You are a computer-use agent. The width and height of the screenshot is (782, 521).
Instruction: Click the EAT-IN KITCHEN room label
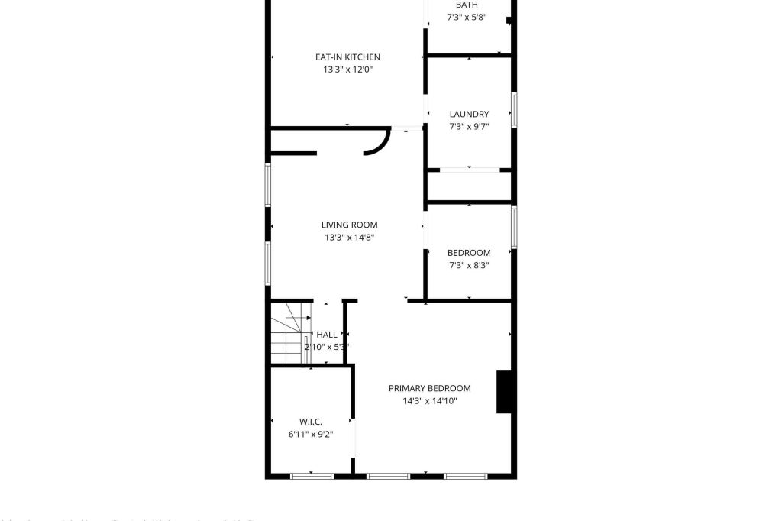347,57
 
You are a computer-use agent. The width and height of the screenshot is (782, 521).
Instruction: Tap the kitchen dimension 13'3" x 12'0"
347,70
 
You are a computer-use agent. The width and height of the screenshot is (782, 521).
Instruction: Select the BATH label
467,5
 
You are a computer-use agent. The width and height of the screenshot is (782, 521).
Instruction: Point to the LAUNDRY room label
469,115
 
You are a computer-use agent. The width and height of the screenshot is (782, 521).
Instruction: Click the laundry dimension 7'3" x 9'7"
469,127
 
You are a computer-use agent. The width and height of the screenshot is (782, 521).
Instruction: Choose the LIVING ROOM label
349,225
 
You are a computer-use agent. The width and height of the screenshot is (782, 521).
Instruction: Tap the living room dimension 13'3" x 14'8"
349,238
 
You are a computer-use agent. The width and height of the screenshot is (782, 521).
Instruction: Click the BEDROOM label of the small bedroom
469,253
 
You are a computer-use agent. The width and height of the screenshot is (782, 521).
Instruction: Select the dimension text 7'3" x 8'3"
469,266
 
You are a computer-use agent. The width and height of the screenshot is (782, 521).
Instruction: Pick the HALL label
327,335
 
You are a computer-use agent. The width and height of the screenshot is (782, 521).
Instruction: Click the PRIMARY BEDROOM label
429,388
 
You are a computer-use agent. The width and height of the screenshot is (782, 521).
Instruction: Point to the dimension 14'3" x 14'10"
429,401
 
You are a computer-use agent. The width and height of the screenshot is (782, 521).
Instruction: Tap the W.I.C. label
310,422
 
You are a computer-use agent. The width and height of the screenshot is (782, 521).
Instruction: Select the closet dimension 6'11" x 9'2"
310,435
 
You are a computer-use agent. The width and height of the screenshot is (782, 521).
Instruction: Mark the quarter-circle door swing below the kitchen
377,142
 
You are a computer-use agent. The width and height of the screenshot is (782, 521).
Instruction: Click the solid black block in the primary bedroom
504,391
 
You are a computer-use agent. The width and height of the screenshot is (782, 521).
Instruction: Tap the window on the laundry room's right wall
514,110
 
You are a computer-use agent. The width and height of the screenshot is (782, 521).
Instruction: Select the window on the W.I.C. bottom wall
312,476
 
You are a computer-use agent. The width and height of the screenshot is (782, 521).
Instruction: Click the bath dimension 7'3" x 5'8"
467,18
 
